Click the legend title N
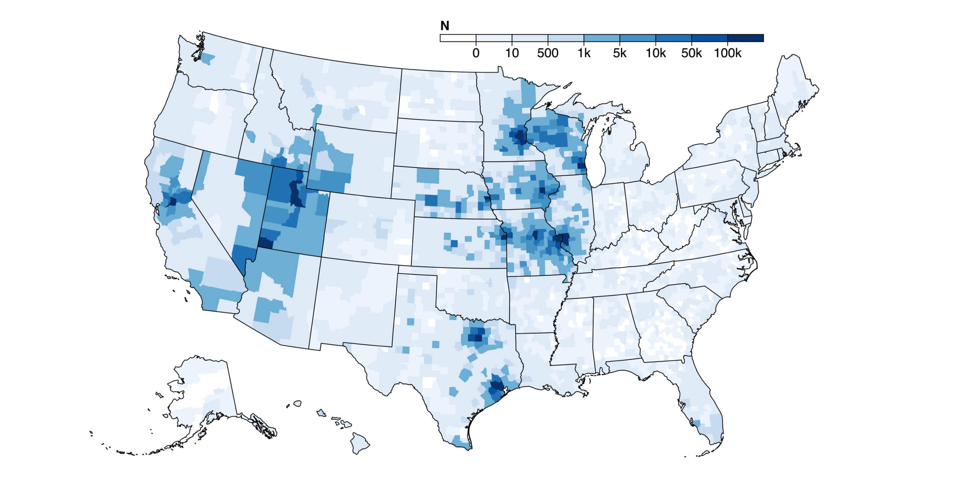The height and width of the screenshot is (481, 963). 445,26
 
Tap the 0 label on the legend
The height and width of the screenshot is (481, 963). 476,53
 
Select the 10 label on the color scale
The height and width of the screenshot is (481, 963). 512,53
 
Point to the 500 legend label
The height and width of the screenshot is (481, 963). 548,53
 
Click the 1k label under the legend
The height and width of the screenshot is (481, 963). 584,53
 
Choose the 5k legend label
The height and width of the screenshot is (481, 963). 620,53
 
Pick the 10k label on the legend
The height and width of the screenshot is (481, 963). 656,53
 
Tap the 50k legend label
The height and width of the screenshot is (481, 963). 691,53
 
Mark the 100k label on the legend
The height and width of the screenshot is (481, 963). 728,53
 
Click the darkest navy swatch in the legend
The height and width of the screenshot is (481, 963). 745,38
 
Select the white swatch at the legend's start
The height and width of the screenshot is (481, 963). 458,38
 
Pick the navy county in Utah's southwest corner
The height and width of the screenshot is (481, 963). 265,243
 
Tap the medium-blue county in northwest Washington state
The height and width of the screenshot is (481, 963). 208,59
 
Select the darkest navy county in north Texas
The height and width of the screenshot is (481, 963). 478,337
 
